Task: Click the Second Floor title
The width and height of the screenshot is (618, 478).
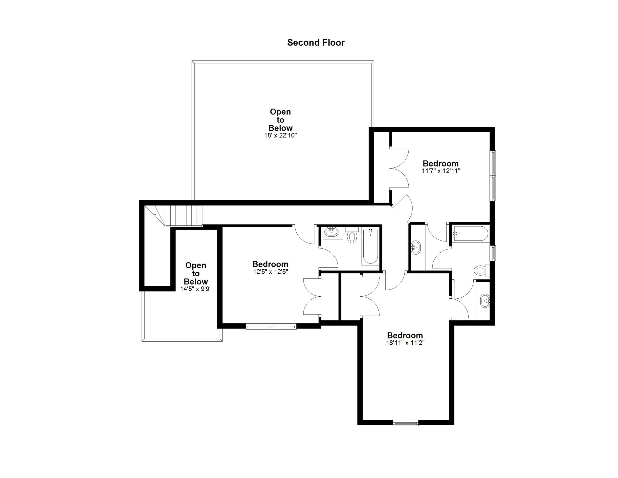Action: (x=316, y=43)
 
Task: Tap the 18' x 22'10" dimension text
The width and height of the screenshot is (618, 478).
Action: (x=280, y=135)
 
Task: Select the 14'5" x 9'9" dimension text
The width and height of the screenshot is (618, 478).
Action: (x=196, y=289)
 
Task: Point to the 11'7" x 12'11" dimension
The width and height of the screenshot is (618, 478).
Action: (x=441, y=171)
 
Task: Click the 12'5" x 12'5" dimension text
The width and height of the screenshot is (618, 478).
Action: (x=270, y=272)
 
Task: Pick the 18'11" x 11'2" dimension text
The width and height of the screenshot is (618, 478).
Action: (x=405, y=343)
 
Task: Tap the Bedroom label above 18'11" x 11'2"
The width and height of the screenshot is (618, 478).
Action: (x=405, y=335)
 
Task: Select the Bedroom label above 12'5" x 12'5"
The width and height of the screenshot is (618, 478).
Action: (x=270, y=264)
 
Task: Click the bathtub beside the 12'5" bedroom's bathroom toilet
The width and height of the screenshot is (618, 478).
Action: (x=370, y=247)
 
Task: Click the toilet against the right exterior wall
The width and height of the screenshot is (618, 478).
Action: (x=480, y=270)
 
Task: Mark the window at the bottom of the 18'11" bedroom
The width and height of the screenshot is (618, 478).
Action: (x=405, y=423)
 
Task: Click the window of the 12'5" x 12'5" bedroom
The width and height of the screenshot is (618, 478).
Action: (x=271, y=327)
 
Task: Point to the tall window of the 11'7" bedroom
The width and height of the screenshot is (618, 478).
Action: (x=493, y=176)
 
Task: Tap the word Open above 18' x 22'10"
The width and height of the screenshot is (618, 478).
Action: (x=280, y=112)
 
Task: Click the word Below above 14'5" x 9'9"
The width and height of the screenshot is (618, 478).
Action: (x=196, y=282)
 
